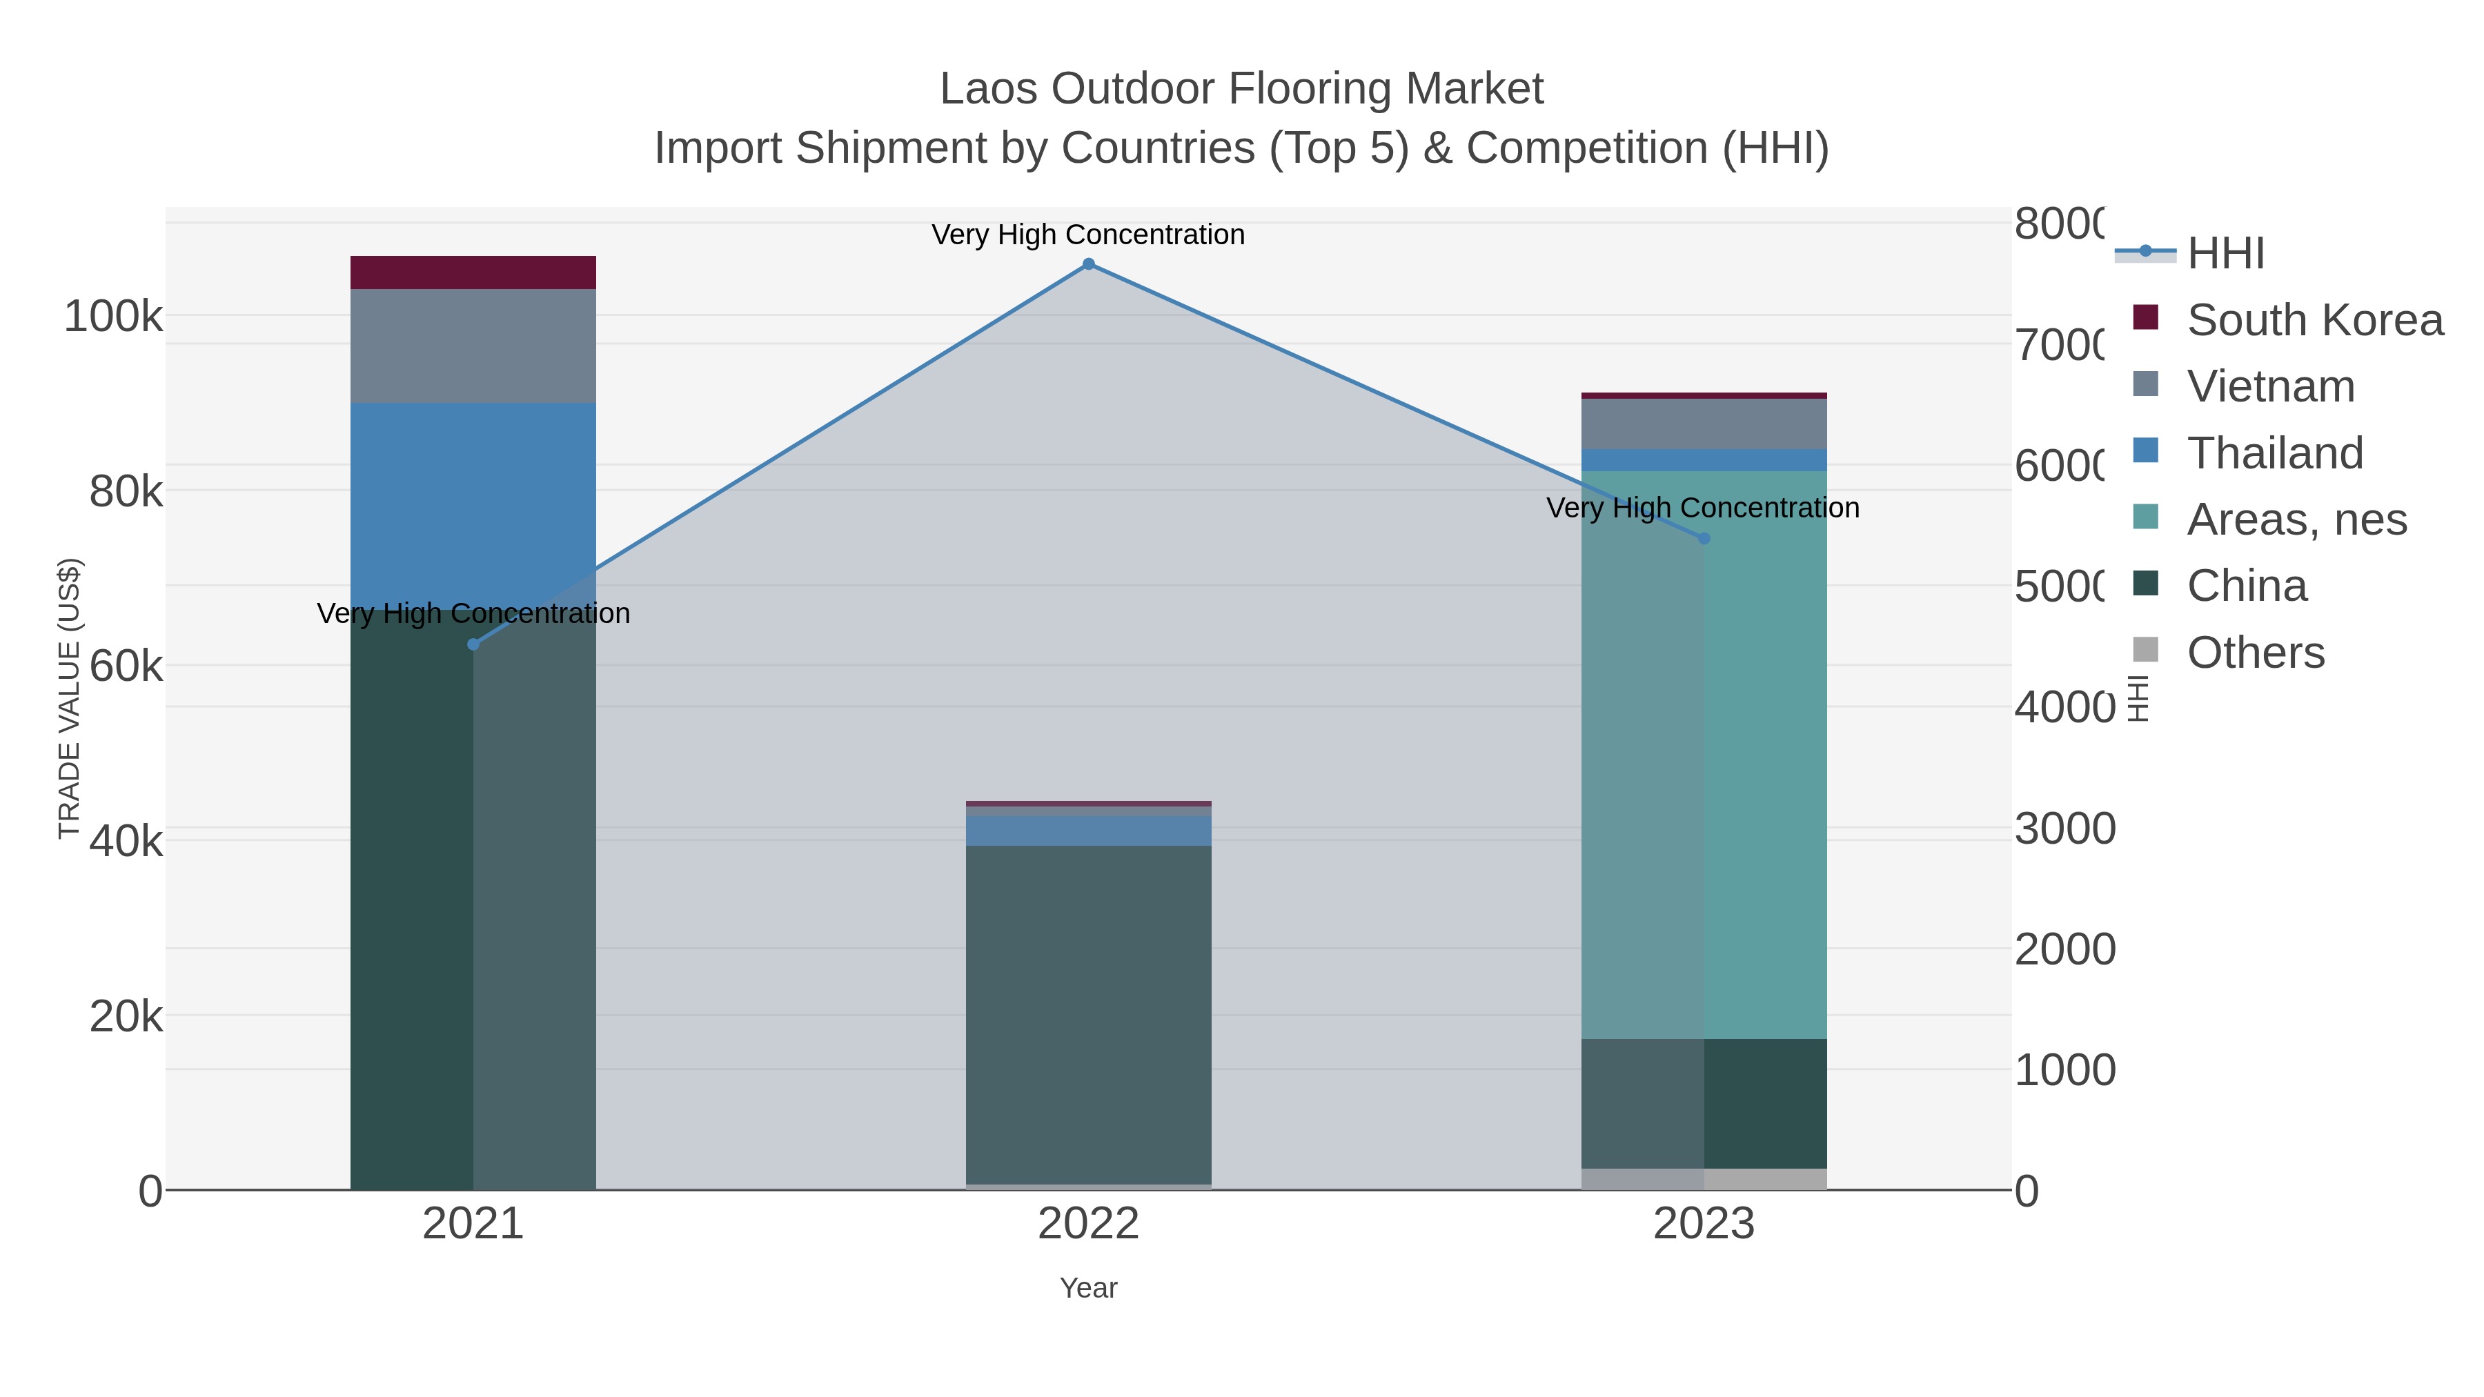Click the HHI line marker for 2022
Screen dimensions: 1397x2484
pos(1089,264)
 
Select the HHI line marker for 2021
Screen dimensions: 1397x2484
pos(473,644)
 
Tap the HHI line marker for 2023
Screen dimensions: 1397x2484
pos(1704,538)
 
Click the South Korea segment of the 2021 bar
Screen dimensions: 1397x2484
pos(473,273)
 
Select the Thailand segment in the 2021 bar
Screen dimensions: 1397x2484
pos(473,502)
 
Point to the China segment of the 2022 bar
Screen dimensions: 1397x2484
pos(1089,1012)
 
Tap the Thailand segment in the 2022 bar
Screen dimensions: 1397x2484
pos(1089,831)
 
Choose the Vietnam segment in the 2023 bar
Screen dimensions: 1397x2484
pos(1704,424)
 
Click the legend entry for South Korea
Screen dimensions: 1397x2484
pos(2314,320)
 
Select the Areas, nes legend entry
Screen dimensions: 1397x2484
pos(2296,519)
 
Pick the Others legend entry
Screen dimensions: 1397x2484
pos(2254,653)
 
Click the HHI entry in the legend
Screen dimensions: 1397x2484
pos(2225,254)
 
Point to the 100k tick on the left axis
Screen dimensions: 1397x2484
pos(113,316)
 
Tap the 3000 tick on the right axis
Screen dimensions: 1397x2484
pos(2064,829)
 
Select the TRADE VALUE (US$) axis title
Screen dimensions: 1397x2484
pos(70,698)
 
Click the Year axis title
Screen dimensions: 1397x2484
pos(1089,1288)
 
